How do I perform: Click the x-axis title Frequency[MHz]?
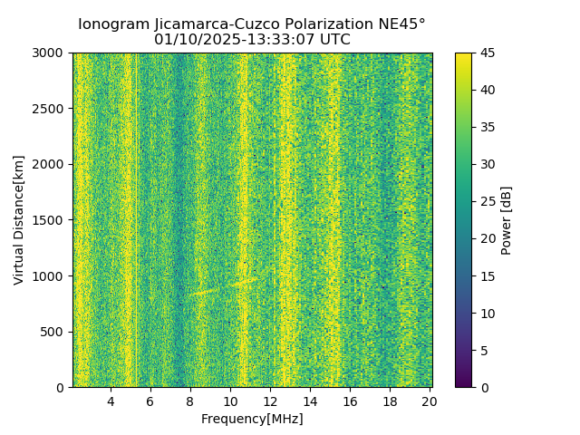point(252,419)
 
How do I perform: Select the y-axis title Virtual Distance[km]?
point(19,220)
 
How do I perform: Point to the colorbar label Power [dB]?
point(507,220)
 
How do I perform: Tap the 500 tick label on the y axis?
point(55,332)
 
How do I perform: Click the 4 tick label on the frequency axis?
point(111,401)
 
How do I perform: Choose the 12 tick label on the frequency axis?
point(270,401)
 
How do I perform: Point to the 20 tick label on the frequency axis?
point(430,401)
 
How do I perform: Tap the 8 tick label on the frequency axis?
point(190,401)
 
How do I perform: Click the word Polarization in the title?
point(313,24)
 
